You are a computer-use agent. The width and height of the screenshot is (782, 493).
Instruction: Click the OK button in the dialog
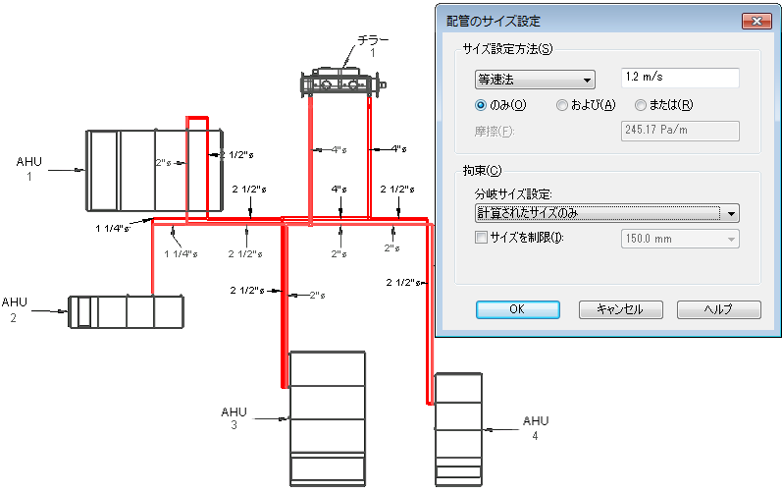click(x=518, y=309)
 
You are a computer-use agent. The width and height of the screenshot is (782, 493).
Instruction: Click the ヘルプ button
click(x=718, y=309)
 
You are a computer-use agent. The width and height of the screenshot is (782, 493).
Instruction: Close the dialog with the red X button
click(x=756, y=21)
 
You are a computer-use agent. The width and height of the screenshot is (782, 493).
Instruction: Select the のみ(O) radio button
click(x=481, y=105)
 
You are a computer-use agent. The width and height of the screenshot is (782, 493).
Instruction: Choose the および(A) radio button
click(x=561, y=105)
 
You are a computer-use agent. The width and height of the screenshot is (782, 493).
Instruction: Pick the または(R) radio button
click(x=641, y=105)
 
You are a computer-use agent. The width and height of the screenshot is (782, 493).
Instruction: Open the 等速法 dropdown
click(x=535, y=80)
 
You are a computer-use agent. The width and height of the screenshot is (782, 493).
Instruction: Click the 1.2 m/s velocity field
click(x=680, y=78)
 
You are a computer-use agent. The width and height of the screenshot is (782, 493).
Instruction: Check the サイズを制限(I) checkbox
click(x=482, y=238)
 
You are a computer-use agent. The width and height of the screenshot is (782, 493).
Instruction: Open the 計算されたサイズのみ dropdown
click(x=606, y=213)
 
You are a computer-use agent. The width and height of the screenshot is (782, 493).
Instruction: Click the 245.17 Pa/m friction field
click(x=680, y=131)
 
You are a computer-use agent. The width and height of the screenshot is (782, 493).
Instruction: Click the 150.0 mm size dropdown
click(x=680, y=239)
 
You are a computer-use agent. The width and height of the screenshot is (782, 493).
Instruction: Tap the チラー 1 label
click(x=373, y=46)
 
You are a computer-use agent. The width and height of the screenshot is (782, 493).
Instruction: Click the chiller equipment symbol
click(x=343, y=82)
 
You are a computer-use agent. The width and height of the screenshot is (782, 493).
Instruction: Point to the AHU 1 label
click(x=28, y=169)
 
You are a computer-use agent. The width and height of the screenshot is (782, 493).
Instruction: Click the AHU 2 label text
click(x=14, y=309)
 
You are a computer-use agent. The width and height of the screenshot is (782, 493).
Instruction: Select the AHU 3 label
click(x=234, y=418)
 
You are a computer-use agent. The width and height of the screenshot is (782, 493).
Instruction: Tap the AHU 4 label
click(x=536, y=427)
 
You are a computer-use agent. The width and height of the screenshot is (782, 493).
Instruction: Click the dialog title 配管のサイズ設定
click(x=494, y=21)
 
